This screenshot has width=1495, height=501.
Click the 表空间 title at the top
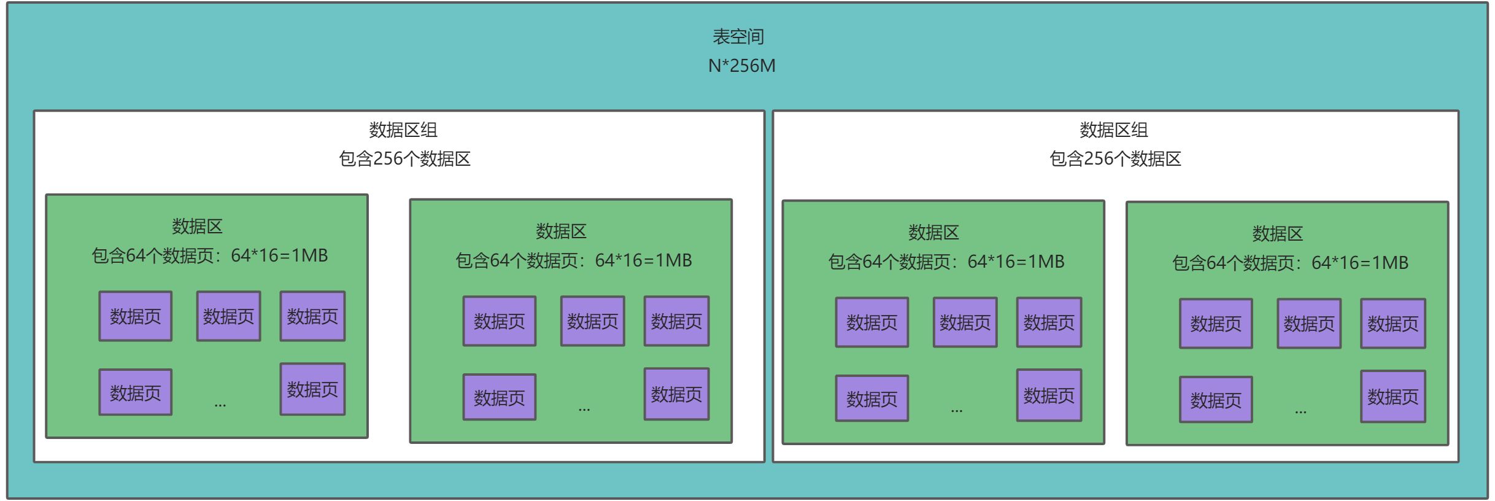coord(738,37)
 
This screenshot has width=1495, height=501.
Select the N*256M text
coord(741,66)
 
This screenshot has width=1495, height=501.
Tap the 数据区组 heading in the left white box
coord(403,130)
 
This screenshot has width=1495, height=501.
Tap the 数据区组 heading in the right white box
coord(1113,130)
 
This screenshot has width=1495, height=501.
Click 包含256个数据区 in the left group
coord(404,159)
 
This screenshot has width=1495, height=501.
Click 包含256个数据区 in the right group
coord(1115,159)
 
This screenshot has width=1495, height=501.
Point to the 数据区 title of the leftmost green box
coord(197,227)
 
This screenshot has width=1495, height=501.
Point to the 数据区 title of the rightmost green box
coord(1277,234)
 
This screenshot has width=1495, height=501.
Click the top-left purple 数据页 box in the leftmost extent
coord(135,316)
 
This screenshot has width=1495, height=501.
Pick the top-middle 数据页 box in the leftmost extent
coord(228,316)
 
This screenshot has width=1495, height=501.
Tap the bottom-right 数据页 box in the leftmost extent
coord(312,389)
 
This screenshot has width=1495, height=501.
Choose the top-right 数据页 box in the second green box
coord(676,321)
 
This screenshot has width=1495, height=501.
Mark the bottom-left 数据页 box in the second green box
coord(499,397)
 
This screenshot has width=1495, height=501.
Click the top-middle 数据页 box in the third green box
coord(965,322)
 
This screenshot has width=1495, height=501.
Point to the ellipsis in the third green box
coord(956,410)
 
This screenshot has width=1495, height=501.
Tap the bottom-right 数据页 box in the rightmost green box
coord(1393,397)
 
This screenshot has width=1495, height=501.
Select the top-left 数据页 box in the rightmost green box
coord(1215,324)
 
